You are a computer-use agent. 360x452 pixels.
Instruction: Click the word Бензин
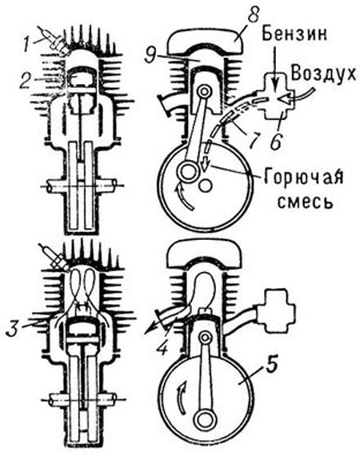point(295,35)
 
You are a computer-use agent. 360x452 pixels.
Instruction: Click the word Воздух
point(324,75)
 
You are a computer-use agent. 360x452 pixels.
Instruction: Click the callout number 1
point(28,45)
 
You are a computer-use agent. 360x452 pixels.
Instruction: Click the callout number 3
point(14,329)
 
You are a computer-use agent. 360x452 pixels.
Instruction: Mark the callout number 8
point(253,15)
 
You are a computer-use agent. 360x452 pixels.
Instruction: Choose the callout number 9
point(151,56)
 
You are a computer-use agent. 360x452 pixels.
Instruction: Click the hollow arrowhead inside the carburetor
point(287,100)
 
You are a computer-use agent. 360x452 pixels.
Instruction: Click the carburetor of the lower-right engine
point(279,311)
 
